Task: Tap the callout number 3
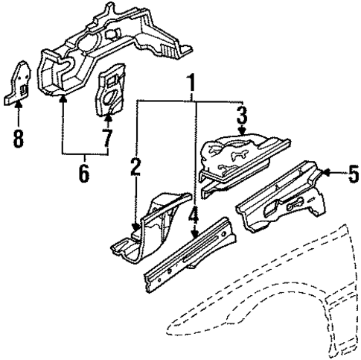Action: click(240, 116)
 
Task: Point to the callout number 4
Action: click(193, 216)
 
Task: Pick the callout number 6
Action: click(83, 174)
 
